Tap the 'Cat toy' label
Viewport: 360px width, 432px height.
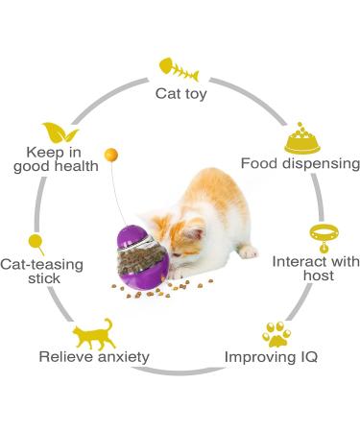click(180, 94)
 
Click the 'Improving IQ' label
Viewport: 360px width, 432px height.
click(271, 356)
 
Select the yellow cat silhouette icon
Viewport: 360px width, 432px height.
click(94, 333)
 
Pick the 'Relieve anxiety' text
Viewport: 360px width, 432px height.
click(94, 356)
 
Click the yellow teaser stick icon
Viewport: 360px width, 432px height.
click(36, 243)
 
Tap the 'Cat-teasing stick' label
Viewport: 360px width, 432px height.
click(42, 271)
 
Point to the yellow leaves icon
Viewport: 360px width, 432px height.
click(58, 132)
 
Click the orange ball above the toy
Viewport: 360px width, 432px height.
click(112, 153)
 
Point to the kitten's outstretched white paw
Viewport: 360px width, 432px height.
click(248, 252)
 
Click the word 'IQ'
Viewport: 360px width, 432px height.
click(305, 356)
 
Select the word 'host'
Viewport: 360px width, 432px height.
click(317, 276)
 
